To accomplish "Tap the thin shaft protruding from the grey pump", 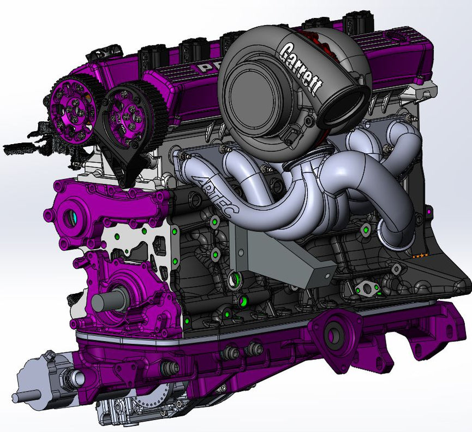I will coord(22,398).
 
